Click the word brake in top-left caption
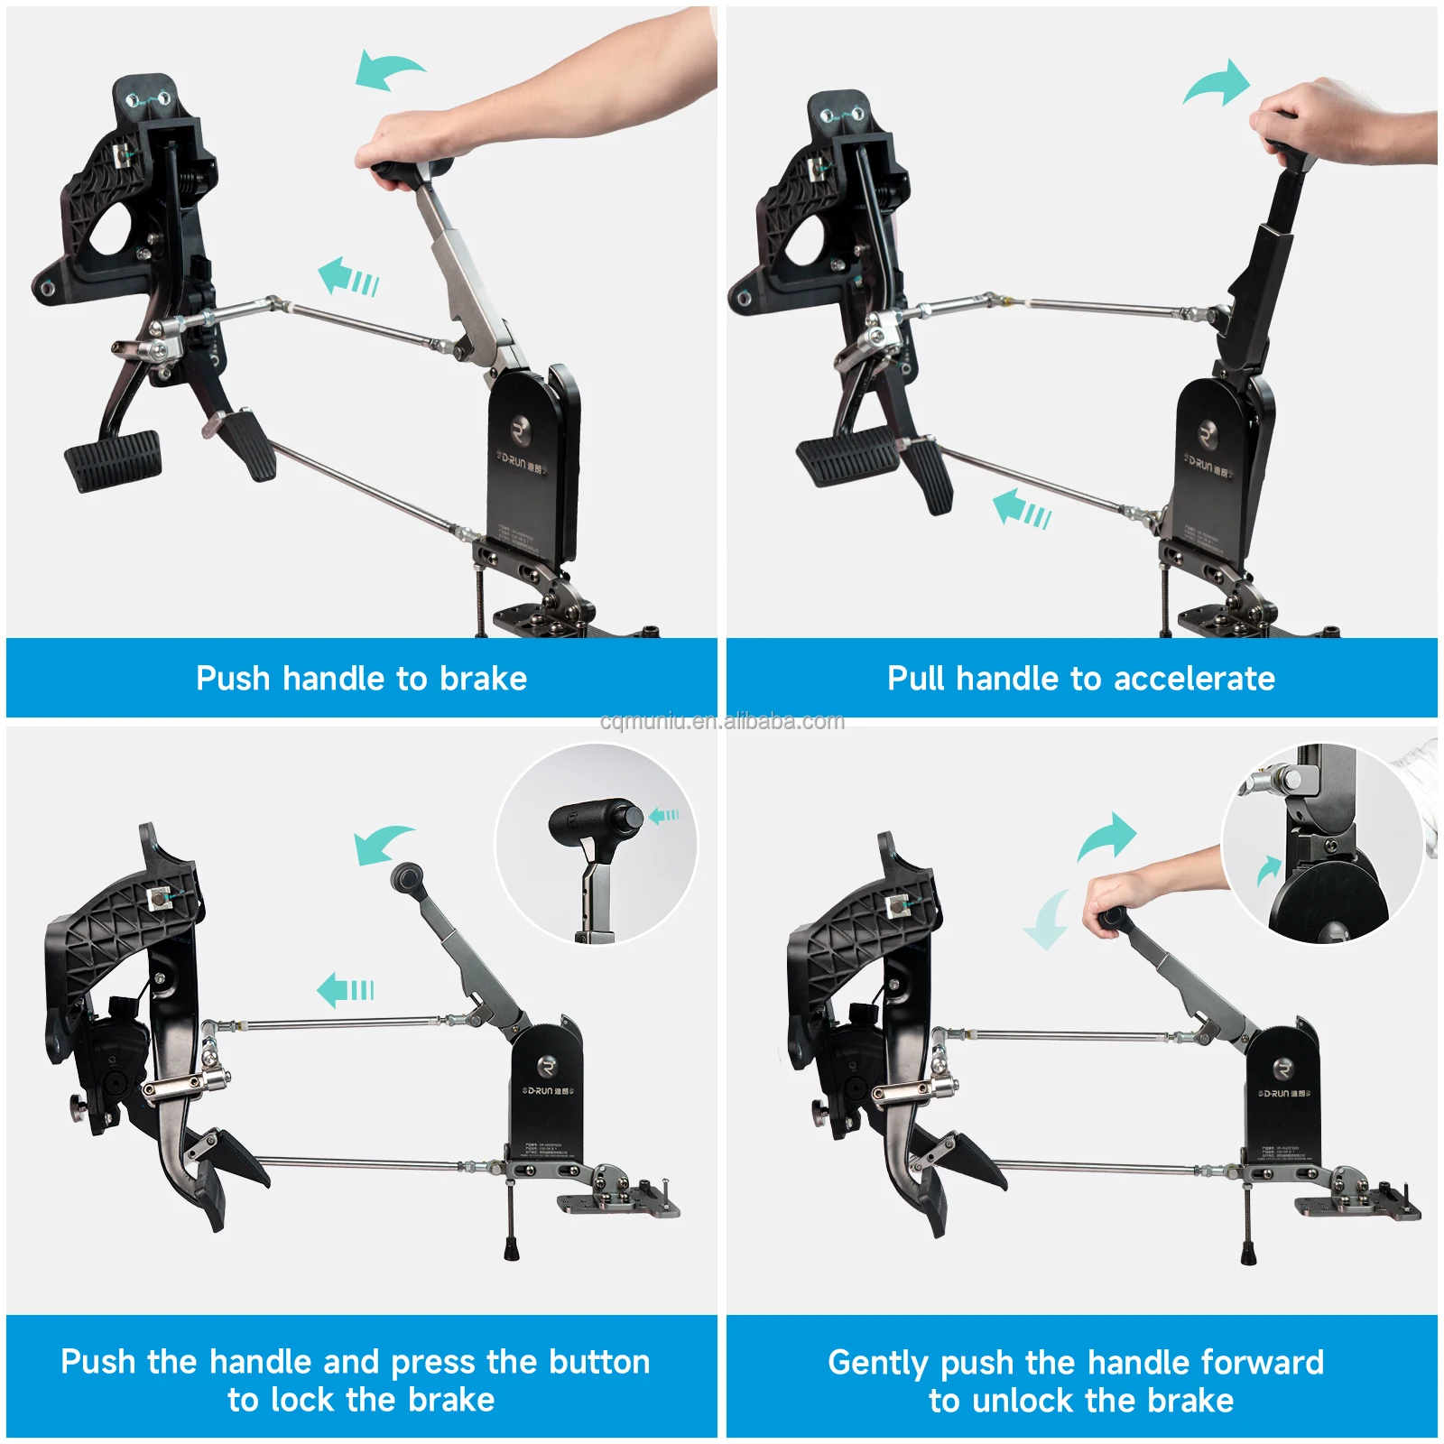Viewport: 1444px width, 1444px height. pos(483,679)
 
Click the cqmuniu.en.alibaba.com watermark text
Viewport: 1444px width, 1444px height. pos(722,721)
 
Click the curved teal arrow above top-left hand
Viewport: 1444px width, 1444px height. pos(388,69)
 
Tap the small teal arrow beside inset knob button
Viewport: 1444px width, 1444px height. pos(664,816)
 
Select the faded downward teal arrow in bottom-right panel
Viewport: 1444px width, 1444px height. pos(1047,921)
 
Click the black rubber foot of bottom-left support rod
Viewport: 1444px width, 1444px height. pos(512,1250)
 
